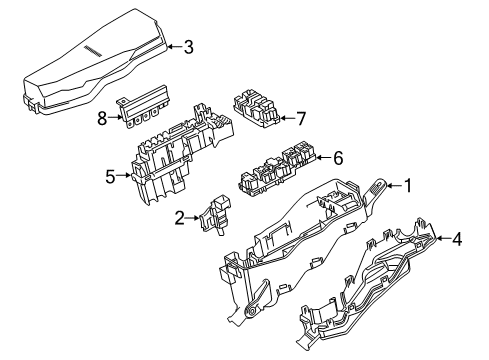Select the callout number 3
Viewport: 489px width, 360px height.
(188, 45)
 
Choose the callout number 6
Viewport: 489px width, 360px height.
(337, 157)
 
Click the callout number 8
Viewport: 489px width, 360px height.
(101, 117)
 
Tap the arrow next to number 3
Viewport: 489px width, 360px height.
(172, 45)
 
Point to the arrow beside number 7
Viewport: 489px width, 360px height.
(287, 119)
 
